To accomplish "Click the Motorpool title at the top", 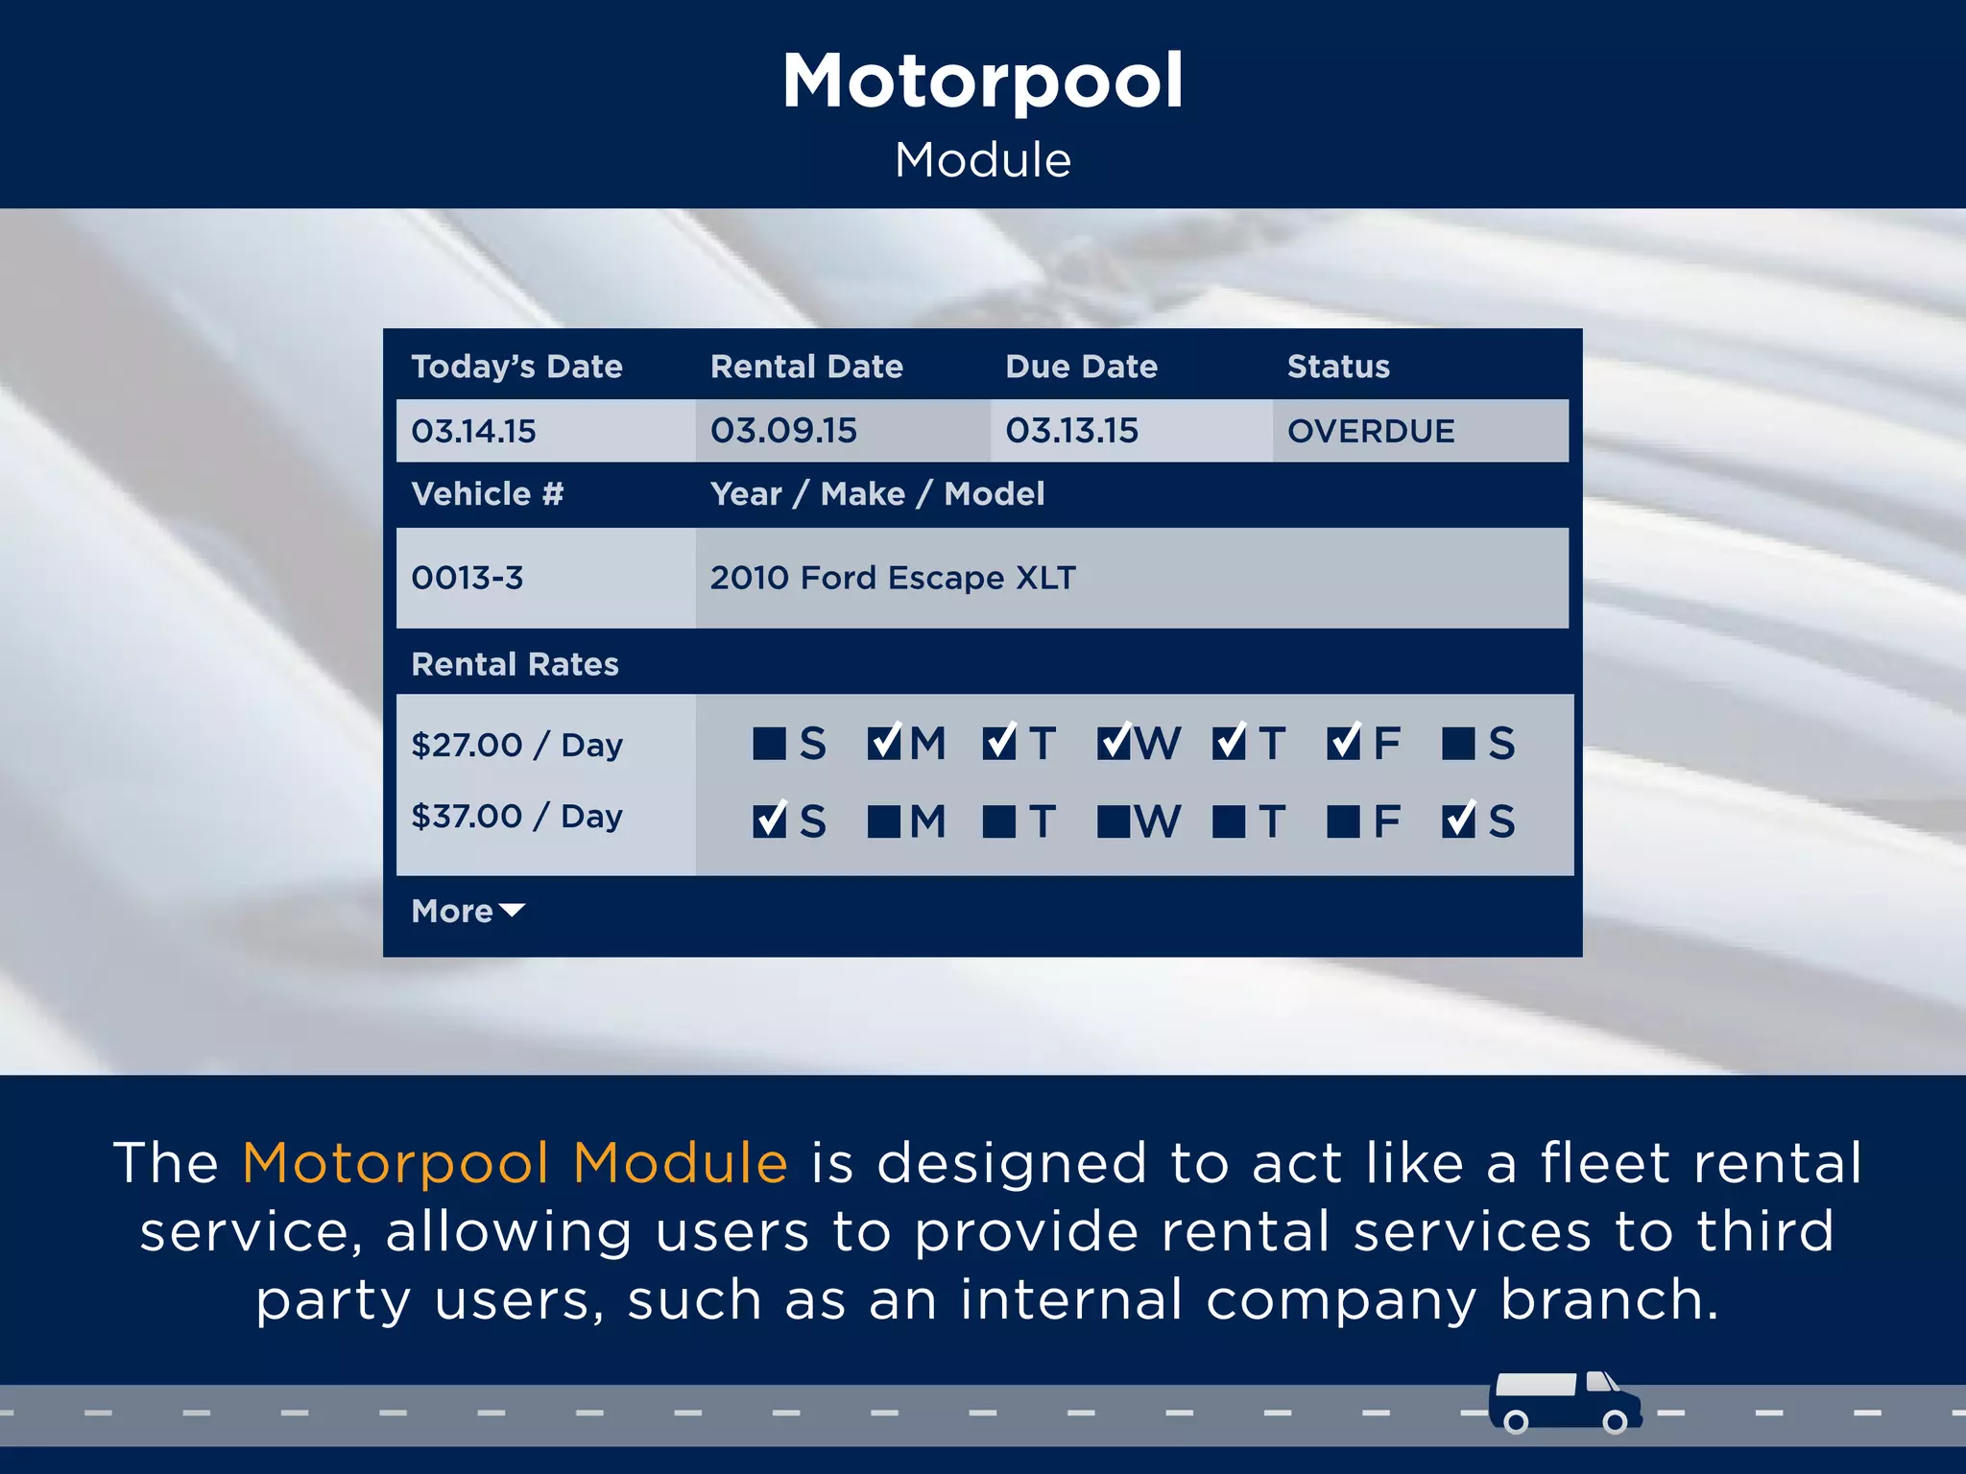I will click(982, 82).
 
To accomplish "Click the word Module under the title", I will click(982, 159).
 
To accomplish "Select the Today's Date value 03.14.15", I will click(473, 431).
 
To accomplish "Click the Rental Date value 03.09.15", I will click(783, 431).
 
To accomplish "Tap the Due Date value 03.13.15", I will click(1071, 431).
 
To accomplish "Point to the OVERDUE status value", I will click(1370, 431).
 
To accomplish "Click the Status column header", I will click(1338, 367).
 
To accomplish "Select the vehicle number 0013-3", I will click(468, 578).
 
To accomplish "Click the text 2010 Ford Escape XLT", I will click(893, 578).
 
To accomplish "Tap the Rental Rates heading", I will click(515, 664).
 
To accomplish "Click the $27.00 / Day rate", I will click(516, 745).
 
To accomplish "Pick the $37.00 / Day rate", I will click(516, 816).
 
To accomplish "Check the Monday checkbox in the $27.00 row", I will click(883, 744).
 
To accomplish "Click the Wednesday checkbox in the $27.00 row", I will click(1114, 744).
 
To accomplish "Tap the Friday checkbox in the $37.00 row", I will click(1343, 821).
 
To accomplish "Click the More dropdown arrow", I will click(512, 910).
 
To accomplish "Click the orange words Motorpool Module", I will click(515, 1163).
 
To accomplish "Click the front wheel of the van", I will click(1616, 1421).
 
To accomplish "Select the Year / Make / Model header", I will click(876, 494).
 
